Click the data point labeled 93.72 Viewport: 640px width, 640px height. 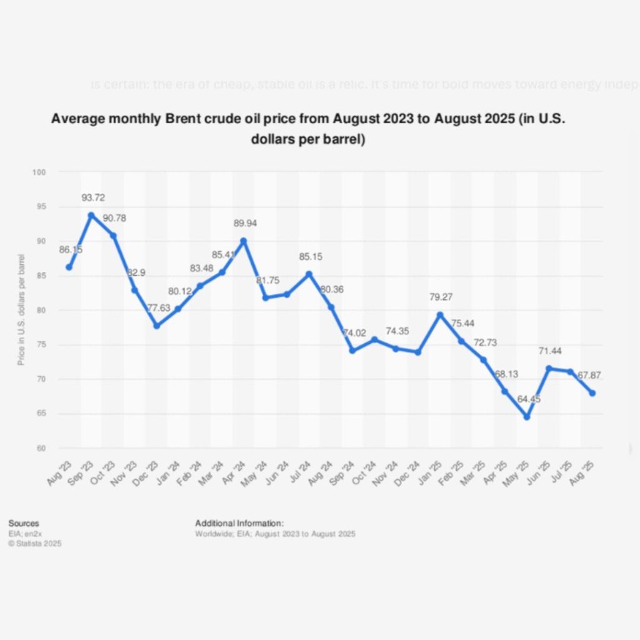(91, 215)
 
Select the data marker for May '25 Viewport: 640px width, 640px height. (527, 417)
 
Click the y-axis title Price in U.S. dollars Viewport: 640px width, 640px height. (21, 309)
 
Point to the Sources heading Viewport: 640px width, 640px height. (24, 523)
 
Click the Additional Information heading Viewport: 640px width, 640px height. (239, 523)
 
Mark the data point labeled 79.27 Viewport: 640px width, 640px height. (440, 315)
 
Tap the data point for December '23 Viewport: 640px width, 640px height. (156, 326)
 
